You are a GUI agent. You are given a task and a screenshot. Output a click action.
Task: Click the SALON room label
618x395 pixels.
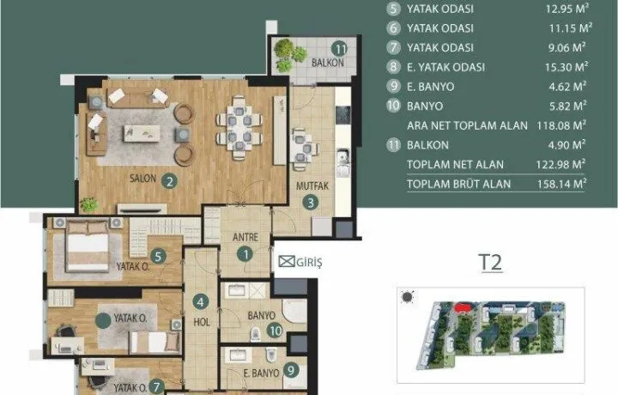(x=143, y=179)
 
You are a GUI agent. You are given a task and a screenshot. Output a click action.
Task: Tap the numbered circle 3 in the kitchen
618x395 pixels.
(x=311, y=203)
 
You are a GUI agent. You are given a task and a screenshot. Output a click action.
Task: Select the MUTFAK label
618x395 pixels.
(x=312, y=185)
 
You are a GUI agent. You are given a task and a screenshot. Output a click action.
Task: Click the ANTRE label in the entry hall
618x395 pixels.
(x=245, y=237)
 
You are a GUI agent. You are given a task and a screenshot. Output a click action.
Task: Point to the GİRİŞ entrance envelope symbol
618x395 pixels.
(x=287, y=261)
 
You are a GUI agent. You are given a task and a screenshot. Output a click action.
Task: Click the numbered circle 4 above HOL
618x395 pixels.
(x=201, y=302)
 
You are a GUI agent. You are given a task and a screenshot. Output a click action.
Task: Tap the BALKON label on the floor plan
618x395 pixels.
(x=328, y=63)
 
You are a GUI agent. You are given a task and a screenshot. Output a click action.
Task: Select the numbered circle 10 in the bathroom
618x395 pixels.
(x=275, y=331)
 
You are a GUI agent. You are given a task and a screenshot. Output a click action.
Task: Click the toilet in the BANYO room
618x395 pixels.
(x=256, y=334)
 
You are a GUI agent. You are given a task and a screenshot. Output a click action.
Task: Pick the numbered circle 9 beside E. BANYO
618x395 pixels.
(x=291, y=370)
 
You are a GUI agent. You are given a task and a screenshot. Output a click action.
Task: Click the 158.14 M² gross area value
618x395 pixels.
(x=561, y=184)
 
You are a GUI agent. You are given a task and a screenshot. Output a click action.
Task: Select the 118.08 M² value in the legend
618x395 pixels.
(x=561, y=125)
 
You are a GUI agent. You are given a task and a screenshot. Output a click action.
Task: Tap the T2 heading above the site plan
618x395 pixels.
(x=490, y=262)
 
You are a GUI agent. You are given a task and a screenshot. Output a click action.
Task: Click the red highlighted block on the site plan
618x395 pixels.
(x=463, y=307)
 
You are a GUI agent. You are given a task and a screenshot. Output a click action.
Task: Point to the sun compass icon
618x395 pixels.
(x=408, y=297)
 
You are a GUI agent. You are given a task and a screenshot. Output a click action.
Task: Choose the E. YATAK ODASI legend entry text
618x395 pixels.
(x=445, y=67)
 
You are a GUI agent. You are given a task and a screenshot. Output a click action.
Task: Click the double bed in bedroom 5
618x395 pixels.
(x=88, y=246)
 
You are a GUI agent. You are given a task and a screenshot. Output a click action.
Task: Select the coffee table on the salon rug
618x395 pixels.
(x=142, y=134)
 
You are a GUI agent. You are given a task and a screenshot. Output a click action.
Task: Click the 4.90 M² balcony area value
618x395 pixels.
(x=566, y=144)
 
